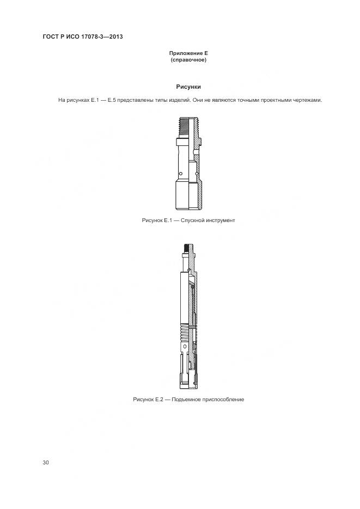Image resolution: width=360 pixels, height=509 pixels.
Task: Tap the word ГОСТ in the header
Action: click(51, 37)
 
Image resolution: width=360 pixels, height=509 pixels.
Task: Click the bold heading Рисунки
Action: click(188, 87)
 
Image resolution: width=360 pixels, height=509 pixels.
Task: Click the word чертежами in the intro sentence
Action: click(308, 100)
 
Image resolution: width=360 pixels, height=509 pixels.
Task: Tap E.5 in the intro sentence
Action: click(113, 100)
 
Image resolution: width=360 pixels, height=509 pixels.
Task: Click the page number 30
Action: click(46, 462)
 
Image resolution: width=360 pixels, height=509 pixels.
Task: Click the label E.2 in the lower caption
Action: click(158, 400)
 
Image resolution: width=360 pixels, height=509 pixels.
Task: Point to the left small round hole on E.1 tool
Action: click(180, 174)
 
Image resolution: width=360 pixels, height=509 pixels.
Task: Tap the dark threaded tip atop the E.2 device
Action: click(186, 251)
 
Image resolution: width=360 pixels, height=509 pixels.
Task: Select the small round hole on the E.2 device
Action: click(185, 346)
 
